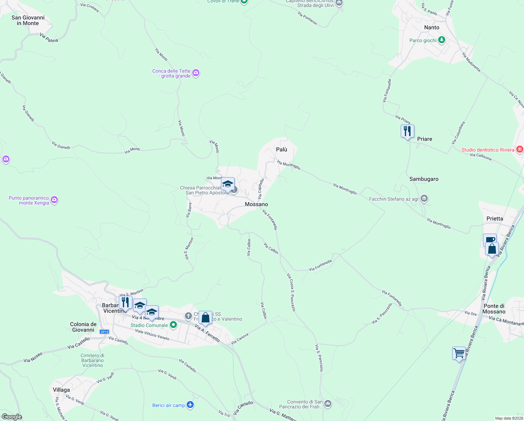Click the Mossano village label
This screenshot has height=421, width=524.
click(x=256, y=204)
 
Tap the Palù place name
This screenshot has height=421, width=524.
click(x=281, y=149)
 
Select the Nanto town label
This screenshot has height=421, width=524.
click(x=432, y=27)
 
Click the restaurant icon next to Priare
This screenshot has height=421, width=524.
click(x=407, y=132)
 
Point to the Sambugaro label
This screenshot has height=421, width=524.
click(x=424, y=179)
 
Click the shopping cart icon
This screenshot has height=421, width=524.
click(x=459, y=353)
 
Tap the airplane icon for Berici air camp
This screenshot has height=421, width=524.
click(x=190, y=405)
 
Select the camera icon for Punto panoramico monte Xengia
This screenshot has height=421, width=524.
click(x=54, y=200)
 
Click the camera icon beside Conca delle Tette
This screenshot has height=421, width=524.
click(x=196, y=73)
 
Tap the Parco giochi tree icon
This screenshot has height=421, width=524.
click(x=442, y=40)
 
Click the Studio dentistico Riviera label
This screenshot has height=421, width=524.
click(x=488, y=150)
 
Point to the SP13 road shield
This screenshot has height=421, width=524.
click(x=104, y=332)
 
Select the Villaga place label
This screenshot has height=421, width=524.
click(x=61, y=390)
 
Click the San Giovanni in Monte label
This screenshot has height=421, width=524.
click(x=28, y=20)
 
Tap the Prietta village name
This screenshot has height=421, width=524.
click(x=495, y=219)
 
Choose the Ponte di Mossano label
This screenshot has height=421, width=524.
click(x=494, y=309)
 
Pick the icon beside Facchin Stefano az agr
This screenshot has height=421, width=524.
click(x=424, y=199)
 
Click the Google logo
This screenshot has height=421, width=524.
click(x=12, y=416)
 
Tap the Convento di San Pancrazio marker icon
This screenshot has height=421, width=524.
click(x=328, y=404)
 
